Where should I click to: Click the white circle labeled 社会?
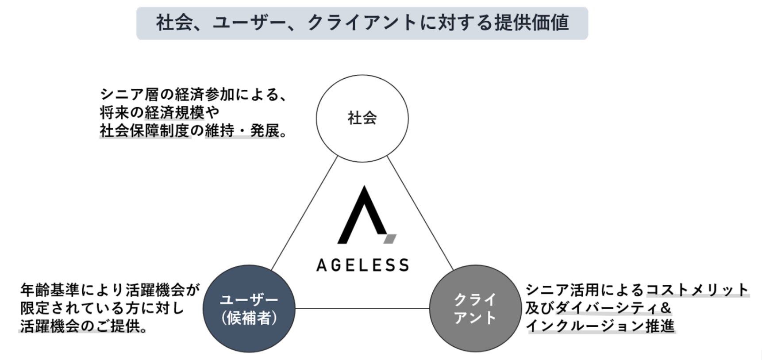[362, 118]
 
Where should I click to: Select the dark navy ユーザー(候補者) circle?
[249, 308]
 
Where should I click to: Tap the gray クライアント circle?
[475, 308]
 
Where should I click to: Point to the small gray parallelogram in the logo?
[390, 239]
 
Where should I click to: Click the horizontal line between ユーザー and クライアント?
[362, 308]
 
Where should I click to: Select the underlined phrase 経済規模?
[174, 113]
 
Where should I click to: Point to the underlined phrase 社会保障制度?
[145, 131]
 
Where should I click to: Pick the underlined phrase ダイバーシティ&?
[613, 308]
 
